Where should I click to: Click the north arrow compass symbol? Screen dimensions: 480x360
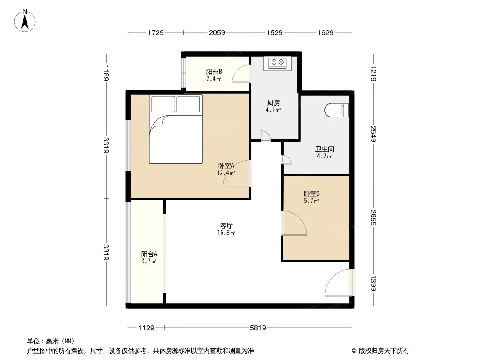coord(25,21)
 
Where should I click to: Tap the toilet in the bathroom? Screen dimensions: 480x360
coord(336,110)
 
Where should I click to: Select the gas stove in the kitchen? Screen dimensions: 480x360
coord(277,63)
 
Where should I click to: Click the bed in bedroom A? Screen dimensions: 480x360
coord(176,129)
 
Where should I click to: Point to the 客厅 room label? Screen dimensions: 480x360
coord(226,226)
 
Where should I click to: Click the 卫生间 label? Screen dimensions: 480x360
coord(325,149)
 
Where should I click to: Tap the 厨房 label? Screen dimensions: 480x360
coord(273,103)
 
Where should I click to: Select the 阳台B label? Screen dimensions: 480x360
coord(214,72)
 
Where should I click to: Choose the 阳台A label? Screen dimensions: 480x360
coord(149,254)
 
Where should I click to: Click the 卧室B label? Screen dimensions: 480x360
coord(312,193)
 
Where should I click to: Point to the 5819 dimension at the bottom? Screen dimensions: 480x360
coord(258,328)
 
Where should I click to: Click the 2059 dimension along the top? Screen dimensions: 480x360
coord(217,32)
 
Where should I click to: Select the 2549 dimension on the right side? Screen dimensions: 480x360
coord(373,134)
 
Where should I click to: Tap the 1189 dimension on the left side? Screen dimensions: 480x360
coord(106,73)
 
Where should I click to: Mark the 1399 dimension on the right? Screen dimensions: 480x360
coord(373,283)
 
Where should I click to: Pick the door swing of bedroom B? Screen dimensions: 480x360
coord(294,223)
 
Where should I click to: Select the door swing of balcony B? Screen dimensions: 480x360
coord(241,74)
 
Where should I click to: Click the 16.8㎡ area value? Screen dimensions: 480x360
coord(226,233)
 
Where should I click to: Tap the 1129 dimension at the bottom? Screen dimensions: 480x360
coord(146,328)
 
